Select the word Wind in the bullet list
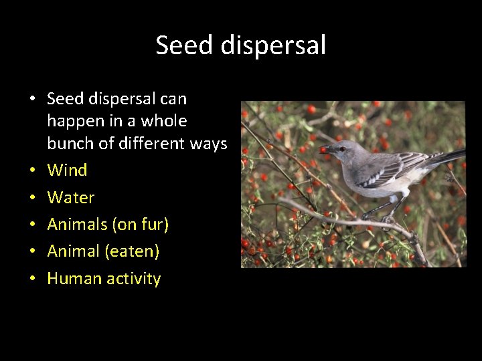point(67,170)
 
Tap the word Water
point(70,197)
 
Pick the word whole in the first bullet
point(163,121)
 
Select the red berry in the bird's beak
point(325,150)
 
